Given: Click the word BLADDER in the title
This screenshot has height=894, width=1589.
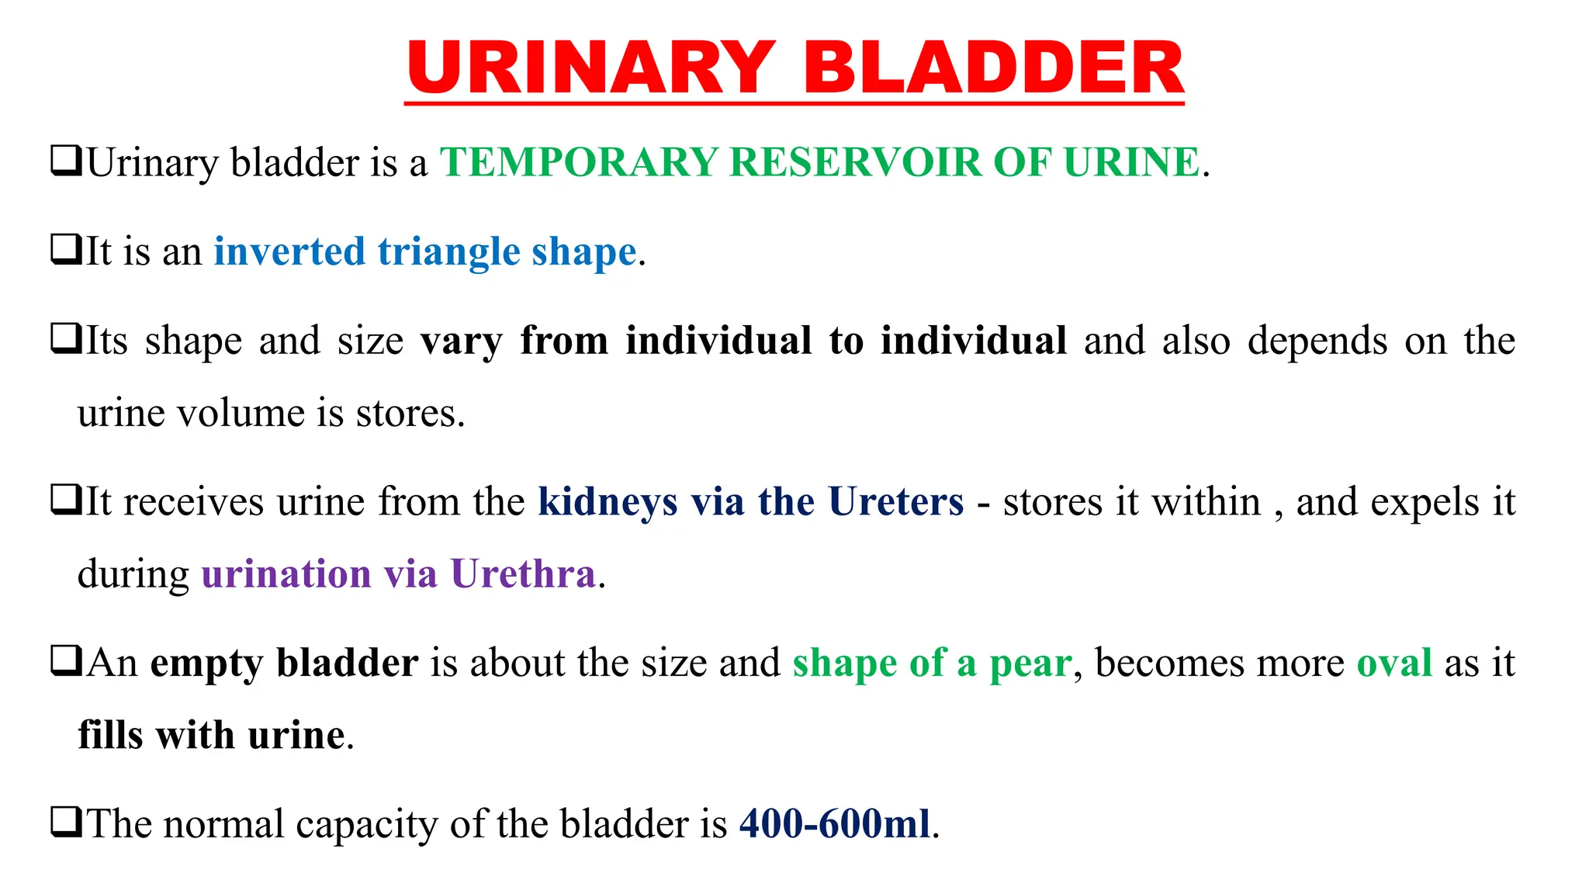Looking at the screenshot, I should coord(992,68).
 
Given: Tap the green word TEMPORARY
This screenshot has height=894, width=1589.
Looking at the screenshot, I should coord(578,162).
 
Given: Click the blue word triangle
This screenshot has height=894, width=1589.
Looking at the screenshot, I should coord(448,252).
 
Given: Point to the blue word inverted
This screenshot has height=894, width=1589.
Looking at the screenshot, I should coord(289,252).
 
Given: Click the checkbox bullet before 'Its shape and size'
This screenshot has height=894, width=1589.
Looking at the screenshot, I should coord(65,338).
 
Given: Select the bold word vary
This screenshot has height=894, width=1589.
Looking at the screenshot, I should coord(461,341).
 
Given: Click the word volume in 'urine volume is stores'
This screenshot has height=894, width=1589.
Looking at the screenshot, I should coord(241,413).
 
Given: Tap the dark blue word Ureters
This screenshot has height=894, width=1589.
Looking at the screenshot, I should coord(895,501).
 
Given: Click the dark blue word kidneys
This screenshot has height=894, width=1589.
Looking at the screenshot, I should coord(608,503).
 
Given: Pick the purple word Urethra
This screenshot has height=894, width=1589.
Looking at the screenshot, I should coord(522,574).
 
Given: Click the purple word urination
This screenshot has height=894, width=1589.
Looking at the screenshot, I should coord(286,574).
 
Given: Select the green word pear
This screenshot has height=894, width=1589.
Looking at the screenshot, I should coord(1030,664).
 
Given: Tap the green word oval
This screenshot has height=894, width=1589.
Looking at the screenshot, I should coord(1393,663).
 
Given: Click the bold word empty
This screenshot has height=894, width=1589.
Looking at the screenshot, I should coord(207,664).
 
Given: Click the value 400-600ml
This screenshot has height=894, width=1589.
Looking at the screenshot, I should coord(834,823).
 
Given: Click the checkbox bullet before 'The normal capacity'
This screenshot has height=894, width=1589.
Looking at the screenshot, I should coord(65,822).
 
